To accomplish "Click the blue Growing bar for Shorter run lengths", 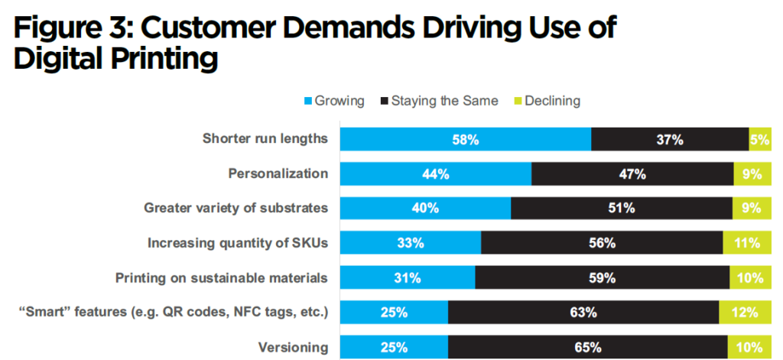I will pyautogui.click(x=466, y=139).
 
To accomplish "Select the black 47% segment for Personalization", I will pyautogui.click(x=632, y=174).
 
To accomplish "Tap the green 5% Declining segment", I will pyautogui.click(x=760, y=139).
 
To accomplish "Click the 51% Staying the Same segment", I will pyautogui.click(x=621, y=208).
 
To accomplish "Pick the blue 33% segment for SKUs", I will pyautogui.click(x=411, y=243).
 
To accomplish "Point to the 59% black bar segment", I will pyautogui.click(x=602, y=277).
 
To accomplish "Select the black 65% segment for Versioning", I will pyautogui.click(x=587, y=346).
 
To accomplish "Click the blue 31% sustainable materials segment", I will pyautogui.click(x=408, y=277).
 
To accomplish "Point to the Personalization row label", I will pyautogui.click(x=278, y=174).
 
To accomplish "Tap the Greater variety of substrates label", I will pyautogui.click(x=236, y=208).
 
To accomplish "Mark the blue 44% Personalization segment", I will pyautogui.click(x=436, y=174).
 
